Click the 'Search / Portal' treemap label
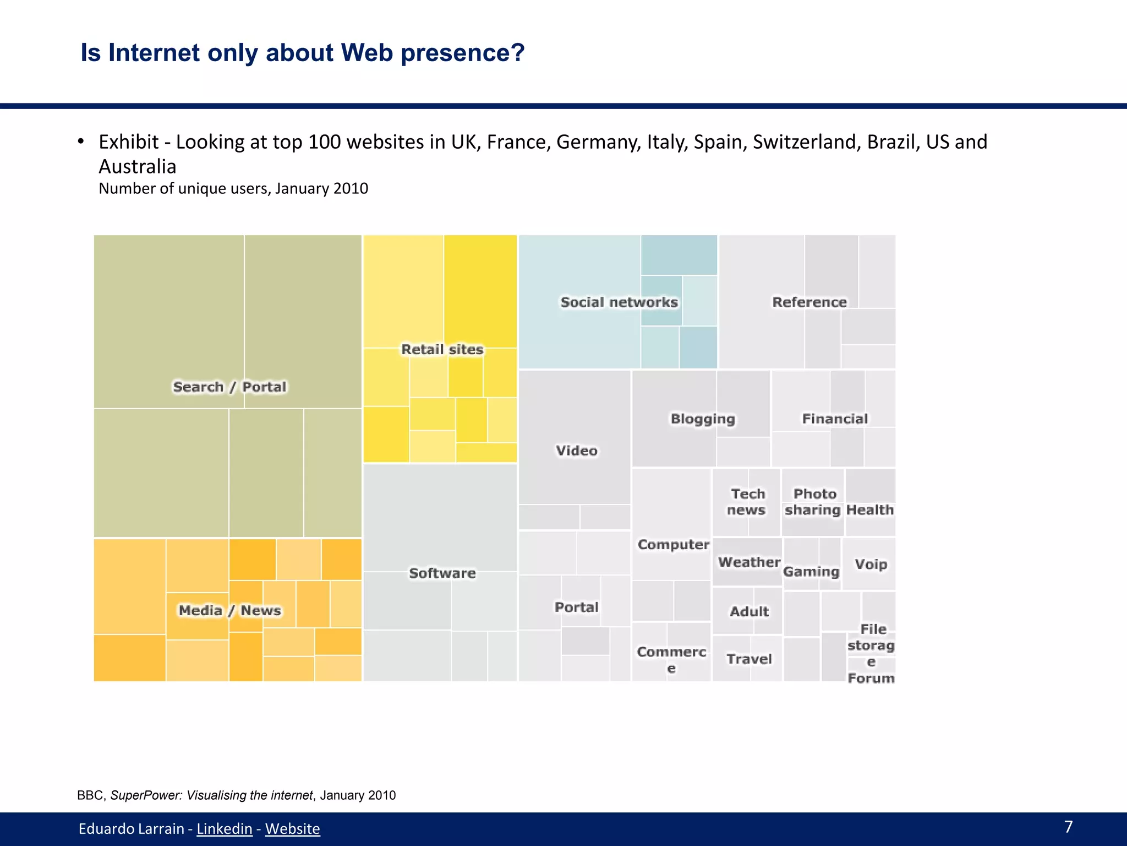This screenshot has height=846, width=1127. pyautogui.click(x=229, y=387)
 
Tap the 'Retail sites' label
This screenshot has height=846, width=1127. pyautogui.click(x=442, y=350)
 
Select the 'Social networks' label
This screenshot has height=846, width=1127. pyautogui.click(x=619, y=302)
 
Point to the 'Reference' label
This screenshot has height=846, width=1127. pyautogui.click(x=809, y=302)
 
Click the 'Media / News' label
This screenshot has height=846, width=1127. pyautogui.click(x=229, y=610)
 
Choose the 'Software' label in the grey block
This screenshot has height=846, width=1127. pyautogui.click(x=442, y=573)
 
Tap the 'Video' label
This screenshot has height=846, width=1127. pyautogui.click(x=576, y=451)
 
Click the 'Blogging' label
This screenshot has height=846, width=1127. pyautogui.click(x=703, y=419)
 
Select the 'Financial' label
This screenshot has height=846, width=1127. pyautogui.click(x=835, y=419)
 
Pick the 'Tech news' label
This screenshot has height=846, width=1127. pyautogui.click(x=747, y=502)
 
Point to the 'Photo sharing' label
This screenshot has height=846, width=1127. pyautogui.click(x=813, y=502)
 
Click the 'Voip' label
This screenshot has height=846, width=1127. pyautogui.click(x=871, y=565)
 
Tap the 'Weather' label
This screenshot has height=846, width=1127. pyautogui.click(x=749, y=562)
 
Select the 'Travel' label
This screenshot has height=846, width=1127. pyautogui.click(x=749, y=659)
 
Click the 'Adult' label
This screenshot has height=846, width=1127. pyautogui.click(x=749, y=611)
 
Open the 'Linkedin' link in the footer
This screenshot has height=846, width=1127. pyautogui.click(x=224, y=829)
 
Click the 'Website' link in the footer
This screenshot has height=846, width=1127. pyautogui.click(x=292, y=829)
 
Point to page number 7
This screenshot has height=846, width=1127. pyautogui.click(x=1068, y=827)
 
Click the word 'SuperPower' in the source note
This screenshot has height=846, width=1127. pyautogui.click(x=146, y=795)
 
